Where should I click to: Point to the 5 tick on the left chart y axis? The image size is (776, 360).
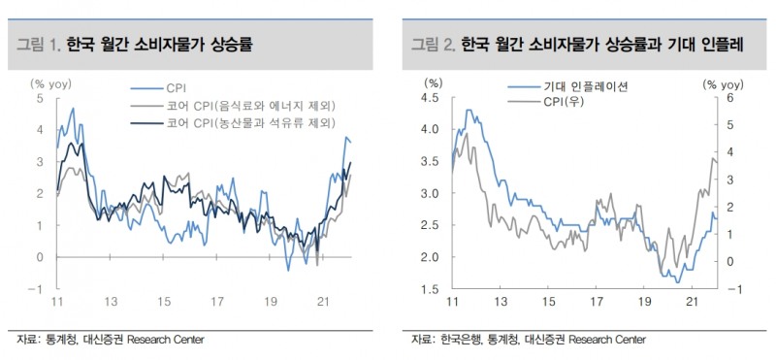pos(39,98)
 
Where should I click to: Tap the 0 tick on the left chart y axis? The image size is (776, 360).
pos(39,257)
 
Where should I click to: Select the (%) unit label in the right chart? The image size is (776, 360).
pos(433,83)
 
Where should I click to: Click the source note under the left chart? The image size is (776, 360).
pos(111,339)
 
